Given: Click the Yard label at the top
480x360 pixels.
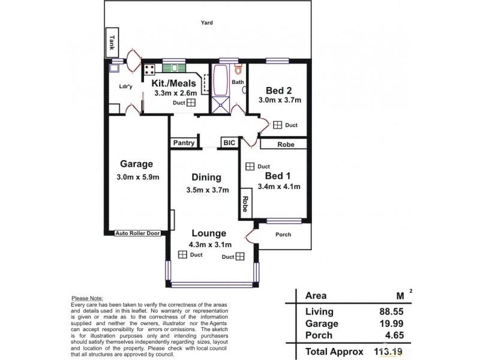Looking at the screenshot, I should coord(207,23).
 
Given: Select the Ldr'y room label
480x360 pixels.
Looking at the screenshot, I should coord(125,86).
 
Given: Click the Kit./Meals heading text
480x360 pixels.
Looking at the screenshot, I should coord(173,83).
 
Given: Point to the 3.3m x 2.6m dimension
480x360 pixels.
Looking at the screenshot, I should coord(175,93).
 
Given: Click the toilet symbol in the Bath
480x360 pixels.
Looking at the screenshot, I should coord(239,71).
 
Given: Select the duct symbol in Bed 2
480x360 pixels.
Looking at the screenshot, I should coord(278,125).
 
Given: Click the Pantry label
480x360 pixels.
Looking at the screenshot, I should coord(184,143).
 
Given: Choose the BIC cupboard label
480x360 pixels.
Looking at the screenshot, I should coord(229,143).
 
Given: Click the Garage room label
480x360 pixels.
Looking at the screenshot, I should coord(136,163).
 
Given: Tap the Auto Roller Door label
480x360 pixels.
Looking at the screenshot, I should coord(138,233).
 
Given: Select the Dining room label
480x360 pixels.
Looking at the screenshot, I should coord(206,178).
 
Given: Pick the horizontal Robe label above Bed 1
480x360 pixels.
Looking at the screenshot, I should coord(285,144).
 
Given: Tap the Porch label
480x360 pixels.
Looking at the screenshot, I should coord(283,235).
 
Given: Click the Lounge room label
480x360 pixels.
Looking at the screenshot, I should coord(209,233).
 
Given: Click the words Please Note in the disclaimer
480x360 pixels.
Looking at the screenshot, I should coord(87,298).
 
